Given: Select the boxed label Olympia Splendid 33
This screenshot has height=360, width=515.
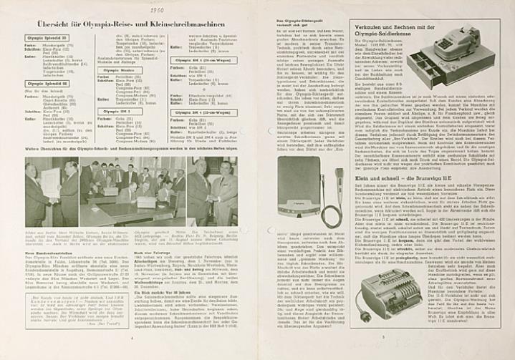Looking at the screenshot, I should coord(47,37).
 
